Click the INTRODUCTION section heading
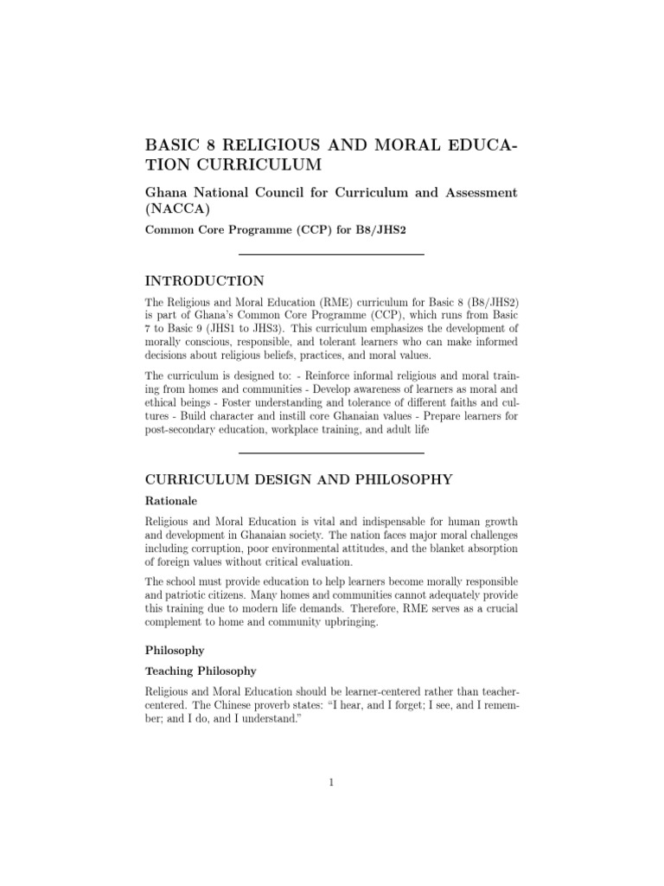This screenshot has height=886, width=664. (x=204, y=281)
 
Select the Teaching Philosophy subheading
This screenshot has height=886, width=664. (x=201, y=671)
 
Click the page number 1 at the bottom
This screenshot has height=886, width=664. (x=331, y=783)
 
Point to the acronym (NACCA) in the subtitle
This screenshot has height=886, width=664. (x=175, y=209)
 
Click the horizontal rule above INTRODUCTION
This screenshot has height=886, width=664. (x=331, y=254)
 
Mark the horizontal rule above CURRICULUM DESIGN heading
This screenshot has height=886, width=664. (x=331, y=453)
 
